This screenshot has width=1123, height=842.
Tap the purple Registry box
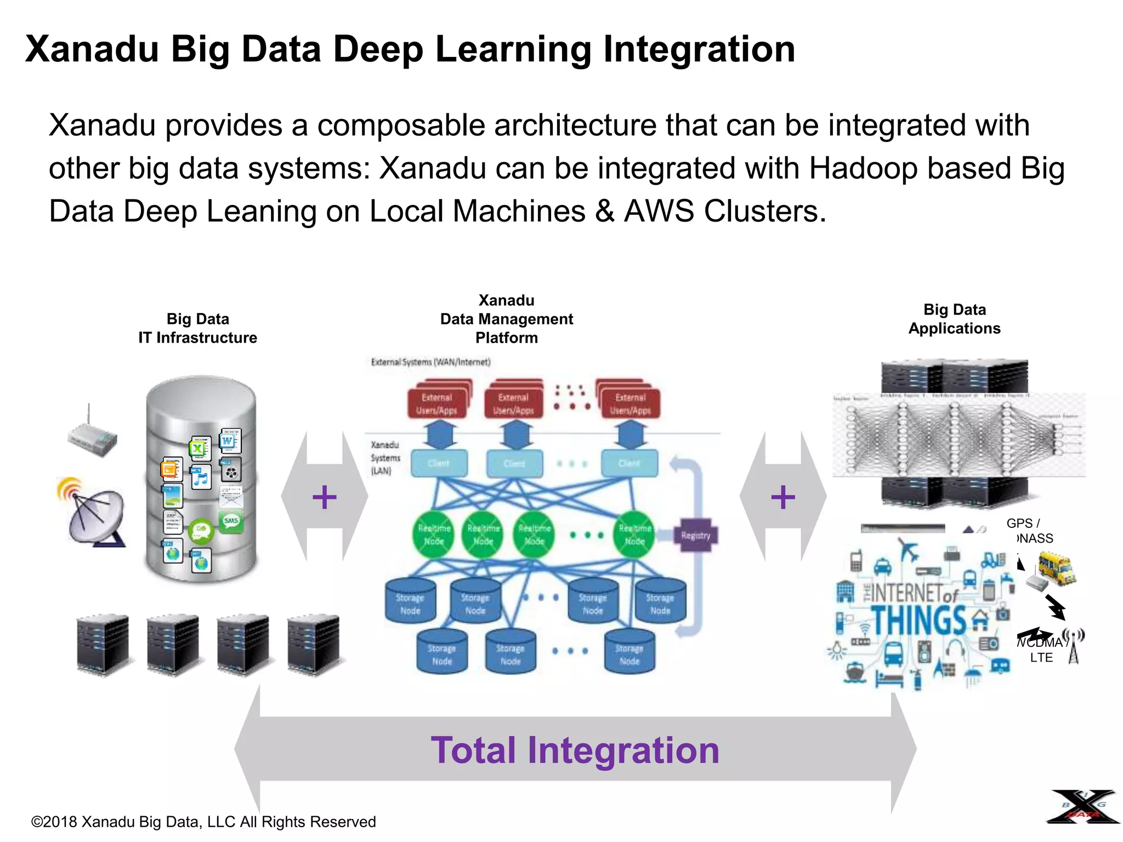click(x=695, y=535)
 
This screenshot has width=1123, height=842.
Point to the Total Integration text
click(x=575, y=750)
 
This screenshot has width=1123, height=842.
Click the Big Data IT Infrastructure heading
click(x=197, y=328)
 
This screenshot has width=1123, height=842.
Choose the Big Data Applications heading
click(x=954, y=318)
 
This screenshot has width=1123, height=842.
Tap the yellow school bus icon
click(x=1056, y=568)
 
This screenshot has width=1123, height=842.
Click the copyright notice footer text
click(x=203, y=822)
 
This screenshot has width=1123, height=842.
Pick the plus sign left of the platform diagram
click(x=324, y=497)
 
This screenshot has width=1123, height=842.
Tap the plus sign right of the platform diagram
click(x=782, y=497)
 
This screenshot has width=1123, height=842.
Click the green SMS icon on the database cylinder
click(x=231, y=521)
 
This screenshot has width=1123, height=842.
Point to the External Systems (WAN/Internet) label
click(x=430, y=362)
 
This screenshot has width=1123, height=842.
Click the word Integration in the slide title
click(x=699, y=49)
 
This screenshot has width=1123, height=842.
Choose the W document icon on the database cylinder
click(x=229, y=440)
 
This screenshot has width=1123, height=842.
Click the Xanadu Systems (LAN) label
click(x=385, y=457)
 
